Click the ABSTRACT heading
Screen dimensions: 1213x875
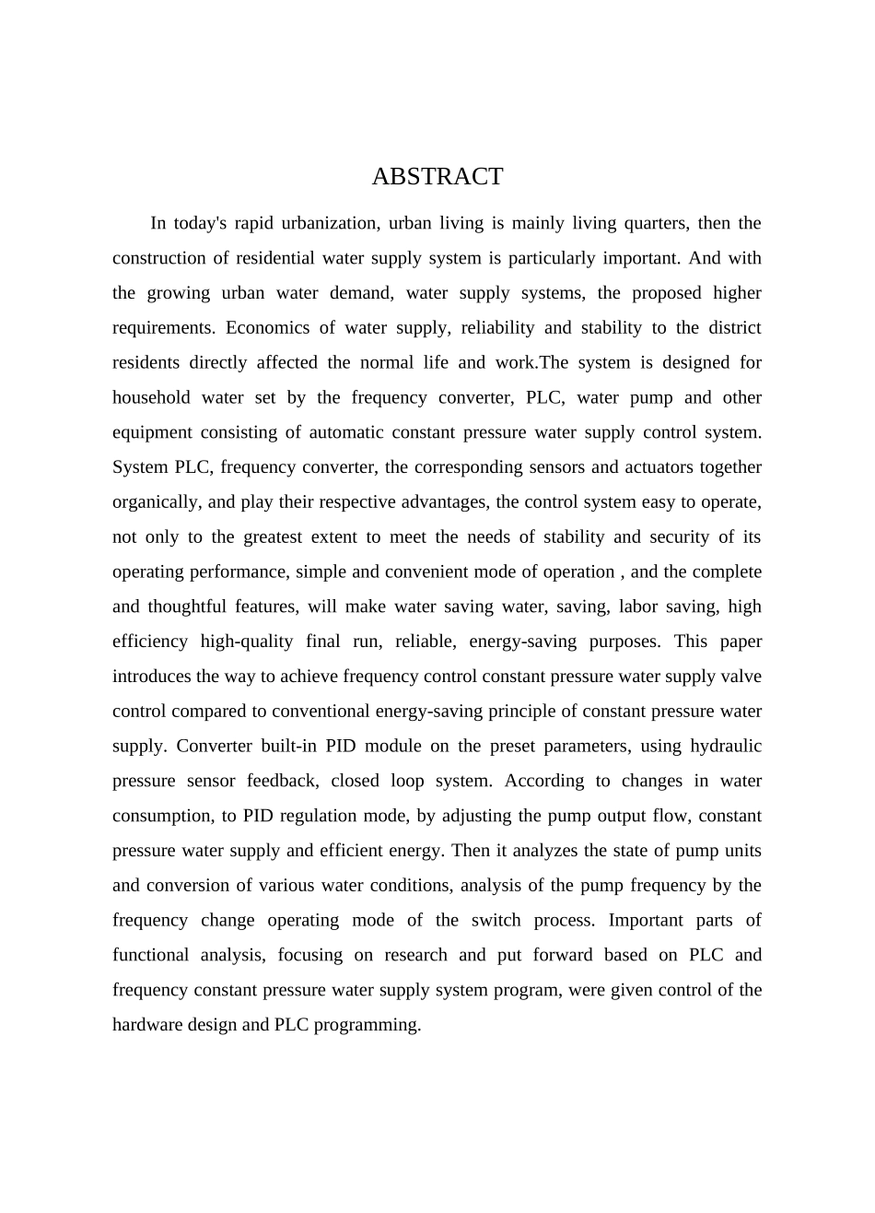437,177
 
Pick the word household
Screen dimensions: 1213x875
152,397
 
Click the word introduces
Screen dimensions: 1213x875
152,677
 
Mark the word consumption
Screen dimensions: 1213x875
161,816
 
